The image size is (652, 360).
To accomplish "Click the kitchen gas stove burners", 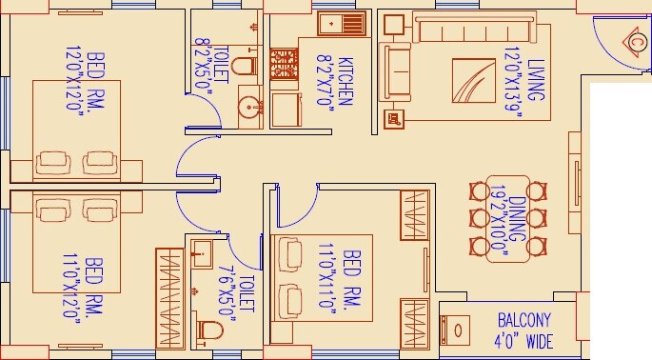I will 285,65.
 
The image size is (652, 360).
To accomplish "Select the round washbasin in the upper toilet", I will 250,104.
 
